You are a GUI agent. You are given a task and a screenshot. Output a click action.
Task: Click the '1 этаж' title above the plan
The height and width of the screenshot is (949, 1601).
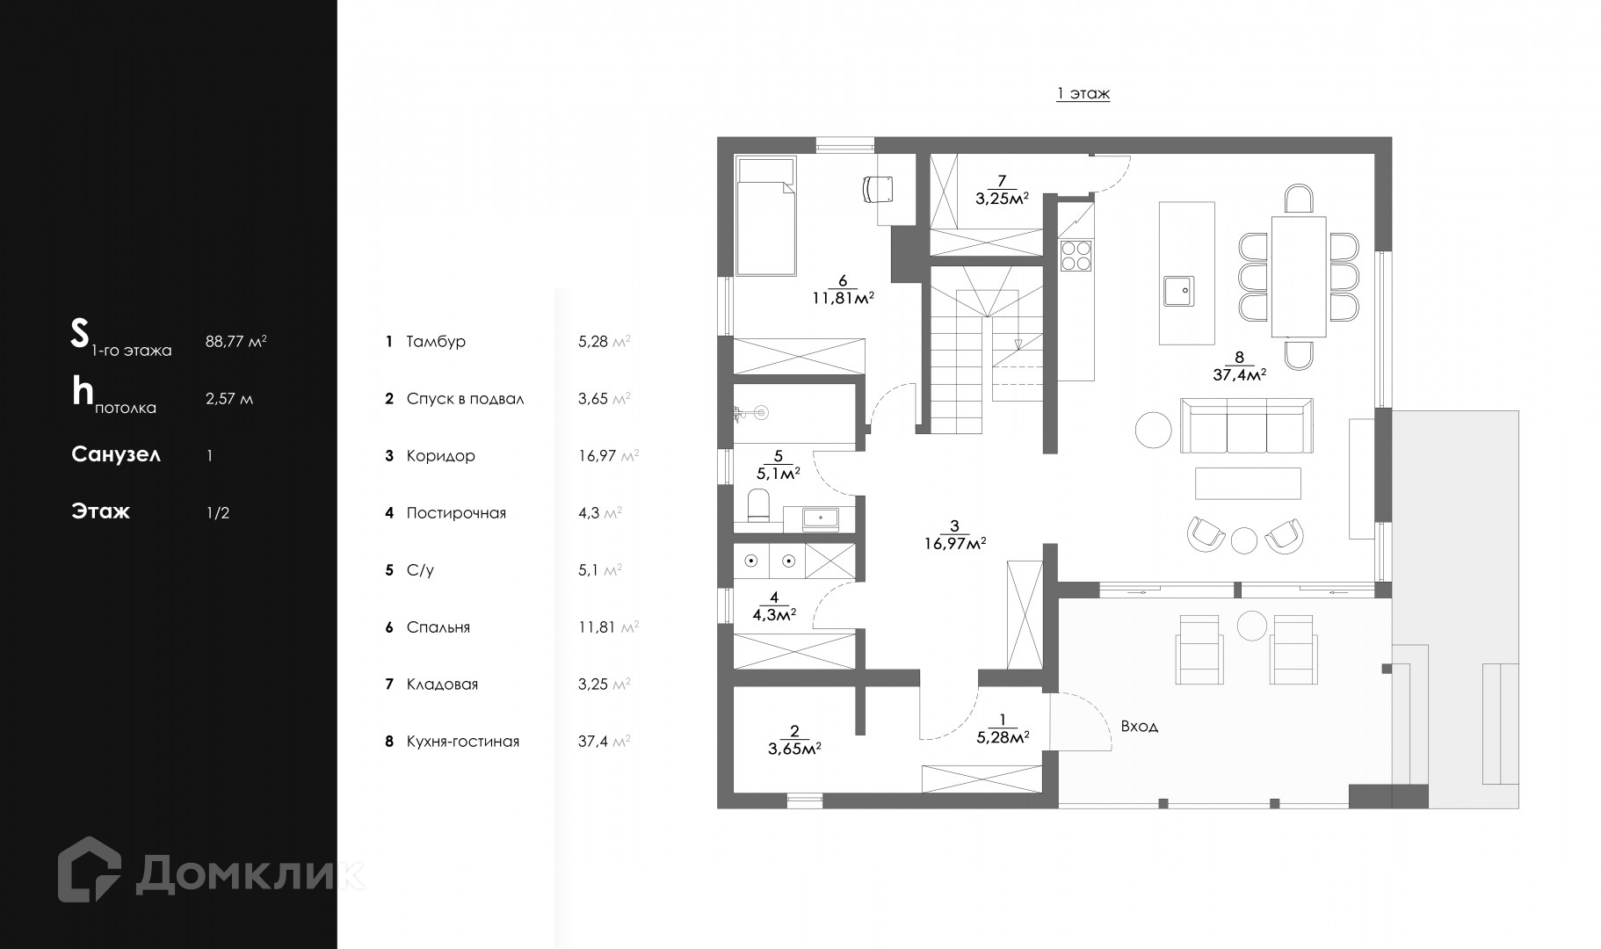coord(1083,93)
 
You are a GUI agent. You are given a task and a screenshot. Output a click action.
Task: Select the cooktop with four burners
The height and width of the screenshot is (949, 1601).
coord(1076,255)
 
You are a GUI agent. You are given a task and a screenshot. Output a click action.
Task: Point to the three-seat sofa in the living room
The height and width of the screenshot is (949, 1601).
coord(1246,426)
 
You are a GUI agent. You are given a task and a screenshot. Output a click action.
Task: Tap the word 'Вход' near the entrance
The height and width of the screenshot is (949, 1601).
coord(1139,727)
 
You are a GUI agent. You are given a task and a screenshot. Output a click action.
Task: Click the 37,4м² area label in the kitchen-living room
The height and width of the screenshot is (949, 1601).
coord(1238,373)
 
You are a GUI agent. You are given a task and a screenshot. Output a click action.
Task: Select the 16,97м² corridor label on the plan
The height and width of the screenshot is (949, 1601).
coord(954,543)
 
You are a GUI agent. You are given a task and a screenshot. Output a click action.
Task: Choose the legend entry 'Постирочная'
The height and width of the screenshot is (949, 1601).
coord(456,513)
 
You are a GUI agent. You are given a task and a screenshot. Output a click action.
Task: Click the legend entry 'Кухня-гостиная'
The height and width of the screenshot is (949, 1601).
coord(463,742)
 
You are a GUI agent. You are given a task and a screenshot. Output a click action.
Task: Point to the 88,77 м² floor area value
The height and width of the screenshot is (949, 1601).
coord(236,341)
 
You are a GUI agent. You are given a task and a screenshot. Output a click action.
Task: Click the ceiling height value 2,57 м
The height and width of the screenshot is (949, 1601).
coord(229,399)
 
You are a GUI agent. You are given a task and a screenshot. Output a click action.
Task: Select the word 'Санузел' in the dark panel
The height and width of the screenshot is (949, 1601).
coord(116,455)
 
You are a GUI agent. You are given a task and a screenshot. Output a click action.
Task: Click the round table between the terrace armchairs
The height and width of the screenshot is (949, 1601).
coord(1250,625)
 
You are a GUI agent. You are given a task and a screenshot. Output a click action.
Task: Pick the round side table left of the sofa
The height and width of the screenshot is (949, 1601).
coord(1153,430)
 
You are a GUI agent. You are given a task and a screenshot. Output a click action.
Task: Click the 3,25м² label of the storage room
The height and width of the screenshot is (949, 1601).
coord(1002,198)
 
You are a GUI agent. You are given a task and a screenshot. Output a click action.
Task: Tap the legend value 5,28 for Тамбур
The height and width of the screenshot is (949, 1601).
coord(593,342)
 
